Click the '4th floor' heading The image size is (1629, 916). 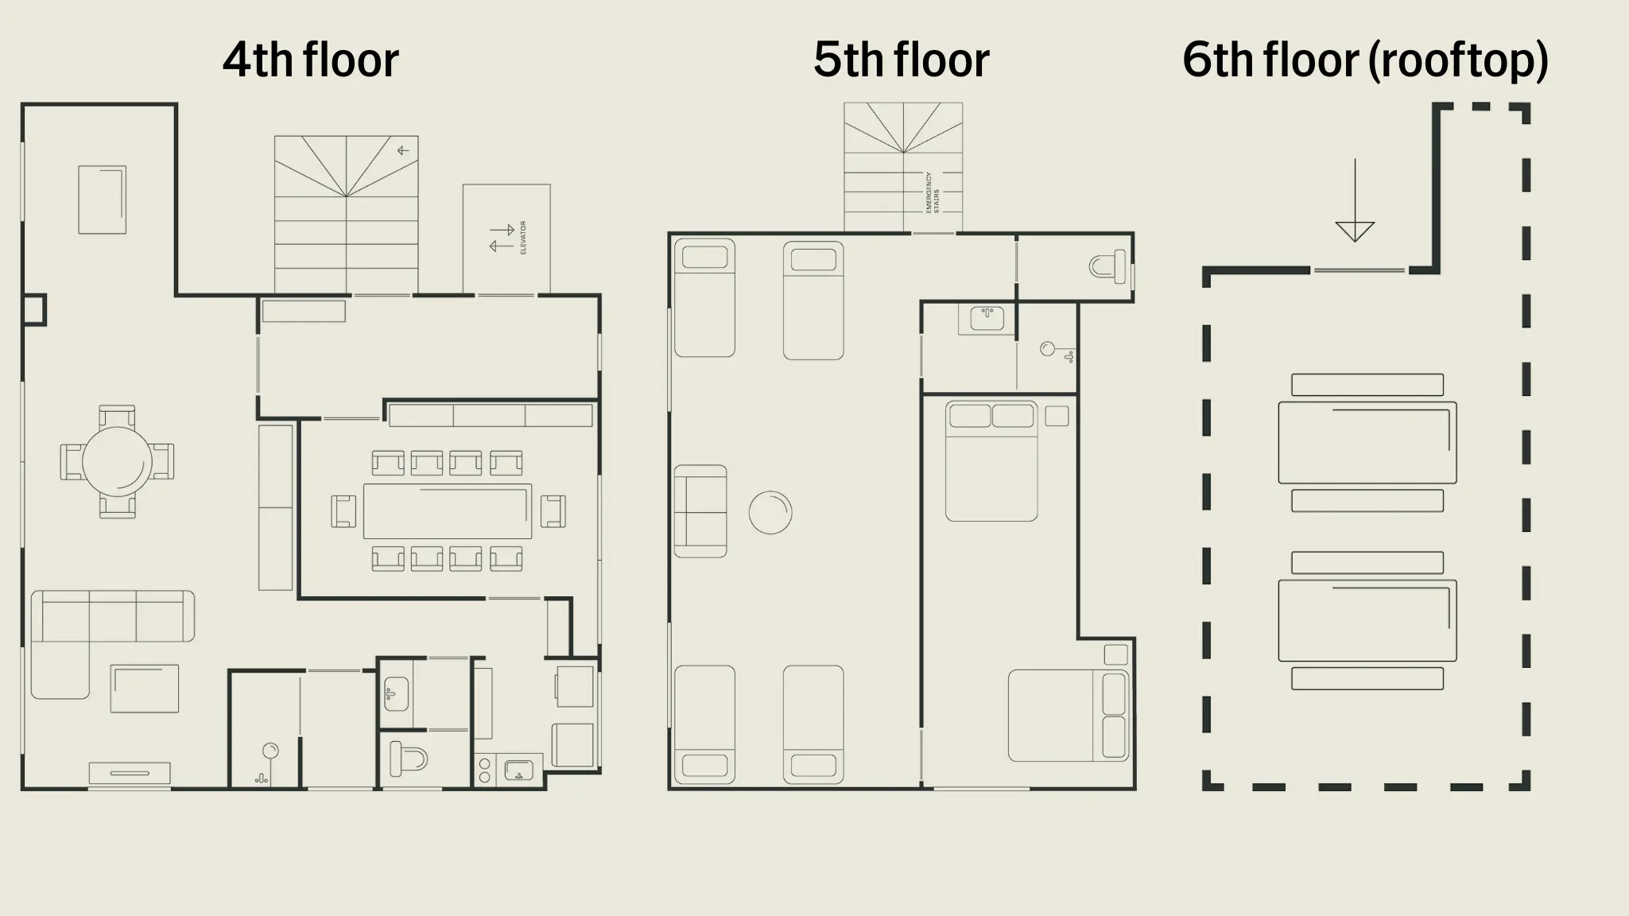click(310, 60)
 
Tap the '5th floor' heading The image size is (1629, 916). click(901, 60)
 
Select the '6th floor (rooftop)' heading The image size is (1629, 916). click(1364, 60)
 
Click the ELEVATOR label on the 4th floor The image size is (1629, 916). click(523, 238)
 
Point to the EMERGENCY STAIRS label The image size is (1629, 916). click(933, 192)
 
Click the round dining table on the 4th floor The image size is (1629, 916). click(117, 462)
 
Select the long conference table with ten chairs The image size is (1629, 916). click(448, 511)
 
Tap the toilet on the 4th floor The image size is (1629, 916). click(407, 759)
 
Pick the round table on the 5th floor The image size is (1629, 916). click(770, 512)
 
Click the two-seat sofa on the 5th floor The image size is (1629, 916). click(700, 511)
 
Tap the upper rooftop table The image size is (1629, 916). click(1367, 443)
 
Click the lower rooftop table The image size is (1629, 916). click(1367, 621)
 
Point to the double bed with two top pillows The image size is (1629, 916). click(991, 461)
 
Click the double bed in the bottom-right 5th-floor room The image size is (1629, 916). click(1068, 716)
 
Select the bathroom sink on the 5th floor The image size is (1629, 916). click(987, 319)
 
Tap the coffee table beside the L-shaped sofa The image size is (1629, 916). click(144, 689)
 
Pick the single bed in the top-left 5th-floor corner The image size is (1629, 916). click(704, 298)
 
